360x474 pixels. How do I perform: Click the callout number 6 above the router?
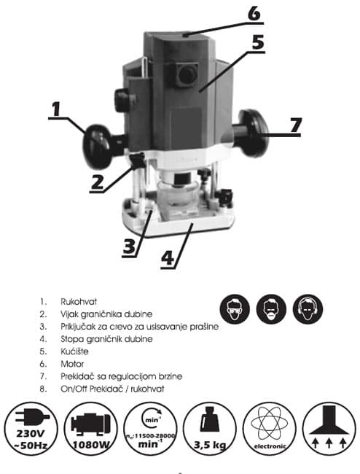pyautogui.click(x=254, y=14)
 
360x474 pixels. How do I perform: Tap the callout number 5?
pyautogui.click(x=258, y=42)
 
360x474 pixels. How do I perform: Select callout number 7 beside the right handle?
pyautogui.click(x=296, y=125)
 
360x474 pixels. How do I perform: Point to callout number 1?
pyautogui.click(x=56, y=109)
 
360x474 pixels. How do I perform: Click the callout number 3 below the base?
pyautogui.click(x=129, y=246)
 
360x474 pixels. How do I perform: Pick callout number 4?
pyautogui.click(x=168, y=258)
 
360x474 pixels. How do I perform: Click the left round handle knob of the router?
pyautogui.click(x=97, y=146)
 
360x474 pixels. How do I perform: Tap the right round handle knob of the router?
pyautogui.click(x=253, y=133)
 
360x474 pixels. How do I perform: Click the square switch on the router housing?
pyautogui.click(x=186, y=74)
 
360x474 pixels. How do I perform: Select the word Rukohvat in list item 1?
pyautogui.click(x=79, y=301)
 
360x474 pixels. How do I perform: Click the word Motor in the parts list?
pyautogui.click(x=72, y=364)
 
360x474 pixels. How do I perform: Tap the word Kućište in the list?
pyautogui.click(x=74, y=351)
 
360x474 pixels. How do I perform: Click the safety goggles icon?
pyautogui.click(x=235, y=309)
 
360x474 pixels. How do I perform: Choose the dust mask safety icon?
pyautogui.click(x=271, y=309)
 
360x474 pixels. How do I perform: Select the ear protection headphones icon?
pyautogui.click(x=308, y=309)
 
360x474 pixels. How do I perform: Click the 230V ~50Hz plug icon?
pyautogui.click(x=31, y=429)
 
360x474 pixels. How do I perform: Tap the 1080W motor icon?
pyautogui.click(x=90, y=429)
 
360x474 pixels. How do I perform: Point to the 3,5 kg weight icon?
pyautogui.click(x=210, y=429)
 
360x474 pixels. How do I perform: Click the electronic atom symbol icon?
pyautogui.click(x=270, y=429)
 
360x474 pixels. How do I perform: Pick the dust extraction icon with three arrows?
pyautogui.click(x=329, y=429)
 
